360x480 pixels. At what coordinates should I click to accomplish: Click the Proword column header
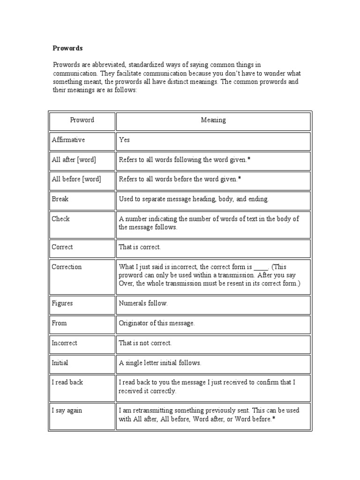[x=82, y=120]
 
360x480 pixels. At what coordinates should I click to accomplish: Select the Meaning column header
[x=213, y=120]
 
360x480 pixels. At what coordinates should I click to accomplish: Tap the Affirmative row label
[x=68, y=140]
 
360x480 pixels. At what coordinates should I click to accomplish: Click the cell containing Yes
[x=124, y=140]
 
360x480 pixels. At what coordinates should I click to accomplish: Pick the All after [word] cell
[x=74, y=160]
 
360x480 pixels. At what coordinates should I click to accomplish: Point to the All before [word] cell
[x=76, y=179]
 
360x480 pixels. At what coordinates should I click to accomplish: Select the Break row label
[x=60, y=199]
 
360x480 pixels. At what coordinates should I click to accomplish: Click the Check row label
[x=60, y=219]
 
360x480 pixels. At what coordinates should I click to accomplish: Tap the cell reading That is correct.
[x=140, y=247]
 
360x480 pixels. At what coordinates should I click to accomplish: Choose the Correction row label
[x=67, y=267]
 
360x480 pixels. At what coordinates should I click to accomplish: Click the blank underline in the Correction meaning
[x=261, y=268]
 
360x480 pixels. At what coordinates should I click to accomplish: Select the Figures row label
[x=62, y=303]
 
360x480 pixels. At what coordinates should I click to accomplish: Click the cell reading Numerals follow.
[x=143, y=303]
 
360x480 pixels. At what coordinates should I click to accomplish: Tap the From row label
[x=59, y=323]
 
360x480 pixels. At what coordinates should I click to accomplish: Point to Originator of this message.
[x=157, y=323]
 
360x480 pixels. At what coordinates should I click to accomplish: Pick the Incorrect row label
[x=65, y=343]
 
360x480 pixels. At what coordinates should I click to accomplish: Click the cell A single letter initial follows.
[x=160, y=362]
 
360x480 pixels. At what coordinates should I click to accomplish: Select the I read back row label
[x=67, y=382]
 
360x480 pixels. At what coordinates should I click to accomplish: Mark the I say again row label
[x=67, y=410]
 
